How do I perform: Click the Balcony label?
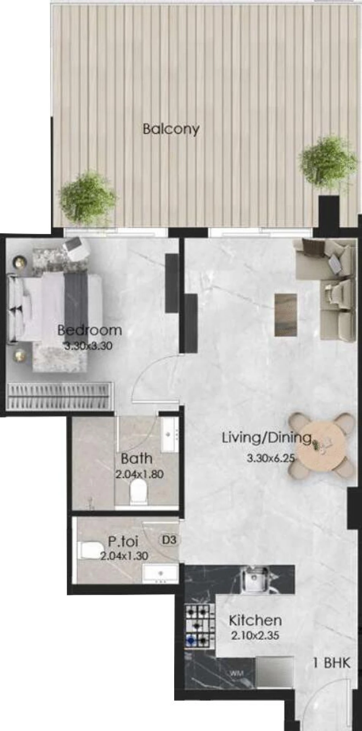(x=171, y=129)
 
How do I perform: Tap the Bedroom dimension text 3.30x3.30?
(x=88, y=346)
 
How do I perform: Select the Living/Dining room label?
(x=267, y=438)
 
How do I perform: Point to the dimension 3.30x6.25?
(x=271, y=458)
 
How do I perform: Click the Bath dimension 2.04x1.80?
(x=139, y=474)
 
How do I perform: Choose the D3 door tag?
(x=169, y=540)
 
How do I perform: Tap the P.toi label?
(x=123, y=541)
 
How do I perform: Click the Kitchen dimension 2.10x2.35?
(x=255, y=636)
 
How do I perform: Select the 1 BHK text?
(x=331, y=663)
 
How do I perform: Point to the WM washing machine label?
(x=237, y=674)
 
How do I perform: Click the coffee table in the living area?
(x=286, y=314)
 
